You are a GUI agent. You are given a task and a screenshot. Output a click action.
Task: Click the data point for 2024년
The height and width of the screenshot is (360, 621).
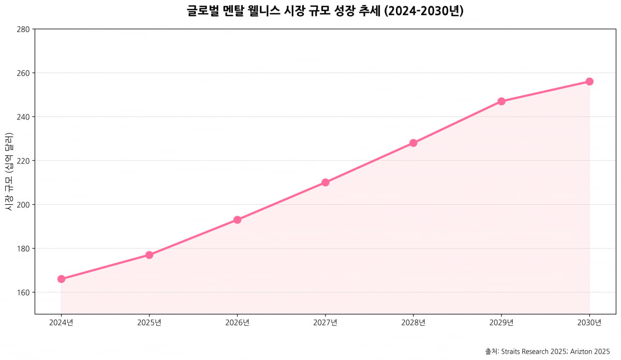coord(61,279)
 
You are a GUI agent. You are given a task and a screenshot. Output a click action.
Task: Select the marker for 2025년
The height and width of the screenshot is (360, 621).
coord(149,255)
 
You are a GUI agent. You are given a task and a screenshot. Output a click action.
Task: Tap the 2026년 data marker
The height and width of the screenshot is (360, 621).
coord(237,220)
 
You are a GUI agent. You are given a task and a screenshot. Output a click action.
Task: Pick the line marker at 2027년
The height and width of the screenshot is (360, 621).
coord(326,183)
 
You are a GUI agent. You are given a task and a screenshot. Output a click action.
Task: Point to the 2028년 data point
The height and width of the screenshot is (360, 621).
coord(413,143)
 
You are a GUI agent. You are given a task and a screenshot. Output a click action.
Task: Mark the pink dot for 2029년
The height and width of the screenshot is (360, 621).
coord(501,101)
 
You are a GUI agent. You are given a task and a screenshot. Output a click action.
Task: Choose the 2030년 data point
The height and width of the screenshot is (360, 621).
coord(589,82)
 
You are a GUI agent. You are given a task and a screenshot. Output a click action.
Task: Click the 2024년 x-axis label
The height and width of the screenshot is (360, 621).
coord(61,323)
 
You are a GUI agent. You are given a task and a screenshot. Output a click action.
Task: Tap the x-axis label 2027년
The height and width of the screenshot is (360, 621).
coord(326,323)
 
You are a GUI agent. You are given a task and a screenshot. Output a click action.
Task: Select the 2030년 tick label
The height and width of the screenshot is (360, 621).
coord(589,323)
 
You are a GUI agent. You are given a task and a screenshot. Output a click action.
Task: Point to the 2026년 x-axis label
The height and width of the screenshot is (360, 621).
coord(237,323)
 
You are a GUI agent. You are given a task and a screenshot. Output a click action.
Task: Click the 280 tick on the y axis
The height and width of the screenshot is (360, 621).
coord(22,29)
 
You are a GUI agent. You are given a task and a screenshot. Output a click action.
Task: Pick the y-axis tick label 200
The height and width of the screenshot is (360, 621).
coord(22,205)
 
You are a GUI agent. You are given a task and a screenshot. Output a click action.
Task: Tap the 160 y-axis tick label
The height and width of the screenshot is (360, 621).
coord(22,293)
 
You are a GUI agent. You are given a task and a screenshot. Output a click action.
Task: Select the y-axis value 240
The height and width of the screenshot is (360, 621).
coord(22,117)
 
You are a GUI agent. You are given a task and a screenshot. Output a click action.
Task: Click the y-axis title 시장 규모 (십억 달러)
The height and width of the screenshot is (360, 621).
coord(8,171)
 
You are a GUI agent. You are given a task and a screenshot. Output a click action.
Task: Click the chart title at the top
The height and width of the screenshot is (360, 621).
coord(325,11)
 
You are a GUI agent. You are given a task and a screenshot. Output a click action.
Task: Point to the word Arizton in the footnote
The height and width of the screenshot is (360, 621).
coord(581,351)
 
